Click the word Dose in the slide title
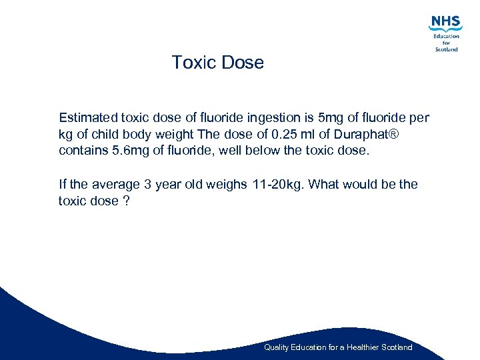click(x=243, y=63)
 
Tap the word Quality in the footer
click(x=277, y=347)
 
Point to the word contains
click(x=83, y=150)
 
